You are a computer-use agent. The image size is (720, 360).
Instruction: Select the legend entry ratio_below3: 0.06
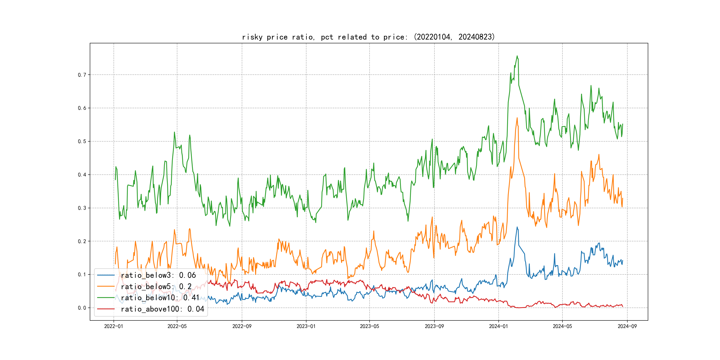pyautogui.click(x=158, y=275)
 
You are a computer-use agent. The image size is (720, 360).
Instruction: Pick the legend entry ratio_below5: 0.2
pyautogui.click(x=156, y=286)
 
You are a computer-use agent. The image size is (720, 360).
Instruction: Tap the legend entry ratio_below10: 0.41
pyautogui.click(x=160, y=298)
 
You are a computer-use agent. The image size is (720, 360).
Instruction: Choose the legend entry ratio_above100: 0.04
pyautogui.click(x=162, y=309)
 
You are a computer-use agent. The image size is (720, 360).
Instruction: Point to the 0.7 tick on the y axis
pyautogui.click(x=82, y=75)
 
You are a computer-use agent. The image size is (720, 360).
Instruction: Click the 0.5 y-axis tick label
pyautogui.click(x=82, y=141)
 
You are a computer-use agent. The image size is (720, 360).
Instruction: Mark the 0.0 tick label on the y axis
pyautogui.click(x=82, y=308)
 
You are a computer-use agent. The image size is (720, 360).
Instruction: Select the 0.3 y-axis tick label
pyautogui.click(x=82, y=208)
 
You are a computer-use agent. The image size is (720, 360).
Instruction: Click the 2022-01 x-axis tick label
pyautogui.click(x=114, y=326)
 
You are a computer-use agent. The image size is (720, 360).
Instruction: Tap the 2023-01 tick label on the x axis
pyautogui.click(x=306, y=326)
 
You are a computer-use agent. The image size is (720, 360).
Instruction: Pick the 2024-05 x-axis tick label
pyautogui.click(x=562, y=326)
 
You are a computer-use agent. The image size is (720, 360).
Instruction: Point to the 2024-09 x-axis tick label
pyautogui.click(x=627, y=326)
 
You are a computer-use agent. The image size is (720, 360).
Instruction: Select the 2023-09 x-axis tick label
pyautogui.click(x=434, y=326)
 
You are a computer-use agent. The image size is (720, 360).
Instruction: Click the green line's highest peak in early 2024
pyautogui.click(x=517, y=56)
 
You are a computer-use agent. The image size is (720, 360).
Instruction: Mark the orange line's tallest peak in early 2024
pyautogui.click(x=517, y=118)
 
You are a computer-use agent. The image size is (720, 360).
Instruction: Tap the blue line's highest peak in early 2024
pyautogui.click(x=517, y=227)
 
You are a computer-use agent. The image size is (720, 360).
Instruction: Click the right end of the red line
pyautogui.click(x=623, y=307)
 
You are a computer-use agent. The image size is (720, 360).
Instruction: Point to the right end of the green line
pyautogui.click(x=623, y=124)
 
